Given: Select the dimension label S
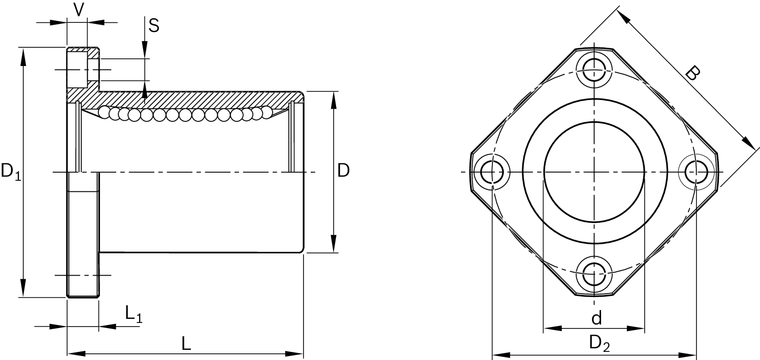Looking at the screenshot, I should (x=153, y=25).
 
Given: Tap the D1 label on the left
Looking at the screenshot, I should (x=11, y=172).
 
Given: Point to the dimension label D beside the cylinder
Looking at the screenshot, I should (x=344, y=171).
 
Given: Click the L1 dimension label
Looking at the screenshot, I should (x=134, y=314).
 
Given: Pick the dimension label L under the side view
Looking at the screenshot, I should (x=186, y=344).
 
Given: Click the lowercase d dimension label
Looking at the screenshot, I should (x=597, y=319).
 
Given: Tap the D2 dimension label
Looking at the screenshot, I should (x=599, y=344).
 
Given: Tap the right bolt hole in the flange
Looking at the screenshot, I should (x=698, y=172).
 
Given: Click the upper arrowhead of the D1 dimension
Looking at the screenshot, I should (x=23, y=56).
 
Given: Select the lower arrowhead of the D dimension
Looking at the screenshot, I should (x=333, y=243).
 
